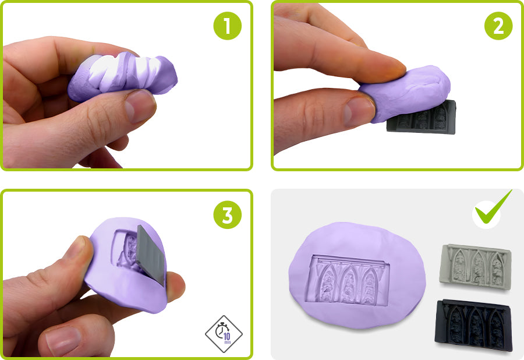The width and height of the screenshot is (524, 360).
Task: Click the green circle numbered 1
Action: [x=227, y=26]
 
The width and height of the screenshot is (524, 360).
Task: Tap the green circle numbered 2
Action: [x=498, y=26]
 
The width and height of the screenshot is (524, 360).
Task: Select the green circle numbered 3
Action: [x=227, y=214]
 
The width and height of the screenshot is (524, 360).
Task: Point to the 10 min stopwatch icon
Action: [x=224, y=334]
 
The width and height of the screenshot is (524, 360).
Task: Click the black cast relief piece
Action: [x=473, y=325]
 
